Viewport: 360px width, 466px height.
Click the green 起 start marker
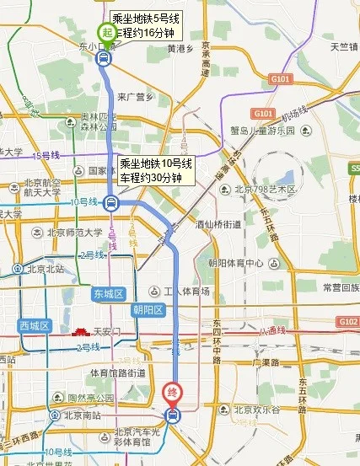click(x=105, y=29)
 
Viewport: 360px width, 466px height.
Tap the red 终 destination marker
click(x=171, y=392)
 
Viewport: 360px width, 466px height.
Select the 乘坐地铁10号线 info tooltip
click(x=157, y=171)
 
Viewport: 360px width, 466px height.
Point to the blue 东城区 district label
click(x=109, y=293)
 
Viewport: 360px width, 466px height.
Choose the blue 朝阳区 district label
click(x=148, y=309)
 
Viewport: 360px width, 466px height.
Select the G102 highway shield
click(x=347, y=322)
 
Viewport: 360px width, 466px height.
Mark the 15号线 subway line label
click(x=46, y=155)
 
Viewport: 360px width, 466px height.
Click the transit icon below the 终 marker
click(x=172, y=415)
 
